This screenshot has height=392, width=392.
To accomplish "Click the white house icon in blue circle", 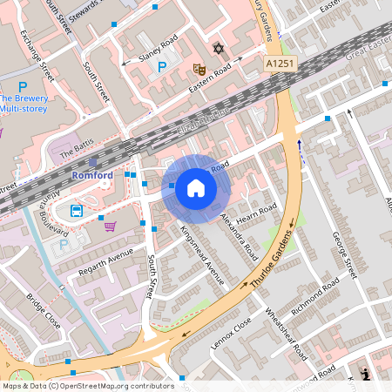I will [196, 188].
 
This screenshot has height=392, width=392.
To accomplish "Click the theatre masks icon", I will [199, 67].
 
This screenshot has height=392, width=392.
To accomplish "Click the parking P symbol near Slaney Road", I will [160, 66].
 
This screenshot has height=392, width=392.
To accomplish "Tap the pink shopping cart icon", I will [110, 226].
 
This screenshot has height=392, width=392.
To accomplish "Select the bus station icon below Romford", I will [77, 211].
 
